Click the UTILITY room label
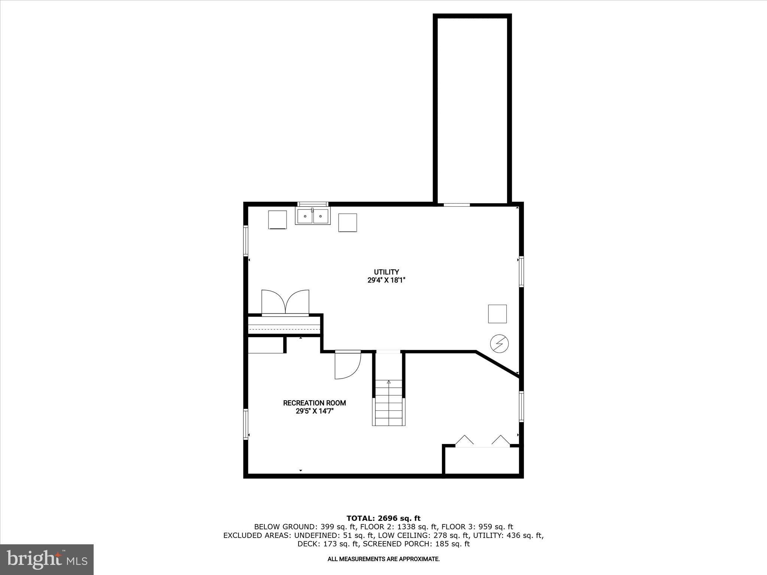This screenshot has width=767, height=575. pos(386,272)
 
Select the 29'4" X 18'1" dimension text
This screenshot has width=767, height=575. pos(386,280)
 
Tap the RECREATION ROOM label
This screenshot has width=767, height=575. pos(314,403)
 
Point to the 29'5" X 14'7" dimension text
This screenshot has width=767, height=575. pos(314,411)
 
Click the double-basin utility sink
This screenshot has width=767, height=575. pos(313,216)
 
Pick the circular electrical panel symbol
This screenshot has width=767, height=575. pos(500,344)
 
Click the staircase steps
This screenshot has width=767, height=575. pos(389,402)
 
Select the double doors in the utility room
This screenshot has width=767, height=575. pos(285,302)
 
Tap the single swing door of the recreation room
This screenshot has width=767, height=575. pos(348,365)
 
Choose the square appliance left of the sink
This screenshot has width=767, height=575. pos(278,220)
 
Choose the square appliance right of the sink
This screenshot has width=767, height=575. pos(348,223)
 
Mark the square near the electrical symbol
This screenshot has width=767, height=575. pos(497,314)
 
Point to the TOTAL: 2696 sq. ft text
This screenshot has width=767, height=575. pos(383,518)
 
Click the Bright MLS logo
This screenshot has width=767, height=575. pos(47,559)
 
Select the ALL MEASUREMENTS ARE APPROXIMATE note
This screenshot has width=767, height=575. pos(383,559)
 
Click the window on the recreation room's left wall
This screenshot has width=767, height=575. pos(246,424)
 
